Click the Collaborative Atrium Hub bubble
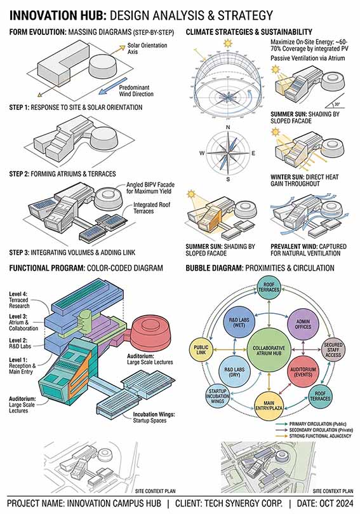coord(269,351)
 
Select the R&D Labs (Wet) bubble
coord(239,322)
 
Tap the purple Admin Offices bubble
coord(303,324)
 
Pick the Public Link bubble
coord(201,349)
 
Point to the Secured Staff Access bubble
coord(333,350)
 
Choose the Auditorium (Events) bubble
coord(303,372)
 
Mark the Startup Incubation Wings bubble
coord(218,396)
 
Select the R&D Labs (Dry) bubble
coord(234,372)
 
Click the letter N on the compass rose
coord(228,127)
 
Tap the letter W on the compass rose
coord(202,153)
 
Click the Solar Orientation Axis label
coord(147,48)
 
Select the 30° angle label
coord(337,104)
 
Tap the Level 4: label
coord(18,294)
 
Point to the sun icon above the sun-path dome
coord(227,43)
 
